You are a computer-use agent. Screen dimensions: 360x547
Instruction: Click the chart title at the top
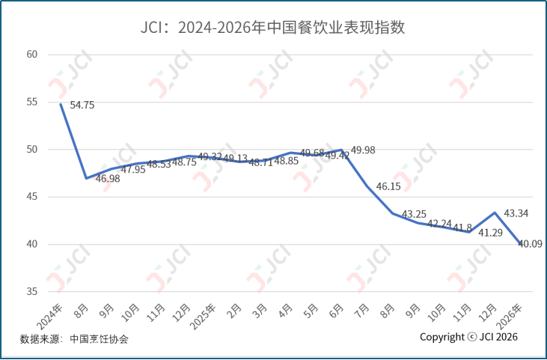coord(273,29)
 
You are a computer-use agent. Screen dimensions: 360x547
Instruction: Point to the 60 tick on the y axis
coord(32,55)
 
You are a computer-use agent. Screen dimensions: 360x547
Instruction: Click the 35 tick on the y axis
coord(32,292)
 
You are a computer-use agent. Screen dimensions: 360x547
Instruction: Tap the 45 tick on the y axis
coord(32,197)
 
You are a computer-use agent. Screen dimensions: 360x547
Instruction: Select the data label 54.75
coord(82,106)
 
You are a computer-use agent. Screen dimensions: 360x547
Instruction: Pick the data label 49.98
coord(363,150)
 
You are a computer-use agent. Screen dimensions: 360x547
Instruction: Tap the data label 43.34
coord(516,213)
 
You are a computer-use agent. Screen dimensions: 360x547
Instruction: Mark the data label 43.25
coord(415,214)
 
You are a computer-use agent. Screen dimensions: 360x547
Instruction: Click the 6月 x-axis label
coord(337,309)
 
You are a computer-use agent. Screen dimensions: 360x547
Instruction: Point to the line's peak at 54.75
coord(61,104)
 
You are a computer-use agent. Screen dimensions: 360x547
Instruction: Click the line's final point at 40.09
coord(521,244)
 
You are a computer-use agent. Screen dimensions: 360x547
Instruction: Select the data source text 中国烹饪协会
coord(99,339)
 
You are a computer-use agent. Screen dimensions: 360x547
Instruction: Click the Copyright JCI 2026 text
coord(468,337)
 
